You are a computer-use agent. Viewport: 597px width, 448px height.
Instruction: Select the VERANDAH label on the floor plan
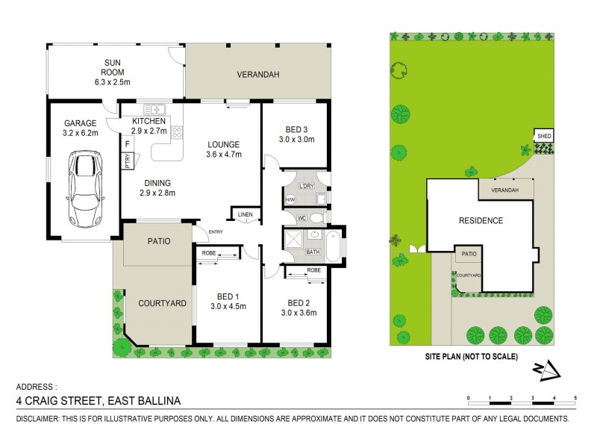pyautogui.click(x=257, y=75)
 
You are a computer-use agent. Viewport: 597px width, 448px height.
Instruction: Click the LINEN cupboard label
pyautogui.click(x=246, y=215)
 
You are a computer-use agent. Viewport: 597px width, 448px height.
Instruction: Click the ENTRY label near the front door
pyautogui.click(x=216, y=231)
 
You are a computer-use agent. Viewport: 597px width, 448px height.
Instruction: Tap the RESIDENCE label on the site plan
pyautogui.click(x=481, y=220)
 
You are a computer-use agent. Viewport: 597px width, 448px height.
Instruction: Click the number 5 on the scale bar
pyautogui.click(x=575, y=397)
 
